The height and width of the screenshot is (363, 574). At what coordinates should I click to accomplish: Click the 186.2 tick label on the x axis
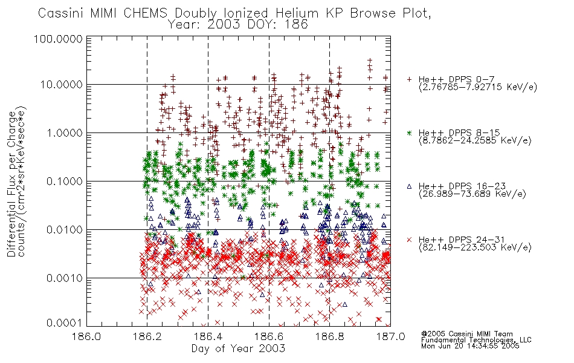(x=147, y=336)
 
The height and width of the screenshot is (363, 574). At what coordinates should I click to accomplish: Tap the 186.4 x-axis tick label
(x=208, y=336)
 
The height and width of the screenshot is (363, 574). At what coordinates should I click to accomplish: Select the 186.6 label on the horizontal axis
(x=269, y=336)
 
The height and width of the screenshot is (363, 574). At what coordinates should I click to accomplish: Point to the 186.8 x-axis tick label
(x=330, y=336)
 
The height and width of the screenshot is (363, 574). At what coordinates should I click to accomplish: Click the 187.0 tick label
(x=390, y=336)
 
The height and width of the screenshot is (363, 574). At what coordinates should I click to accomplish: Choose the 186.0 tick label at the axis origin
(x=87, y=336)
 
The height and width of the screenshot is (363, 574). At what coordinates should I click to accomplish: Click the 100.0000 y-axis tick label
(x=58, y=39)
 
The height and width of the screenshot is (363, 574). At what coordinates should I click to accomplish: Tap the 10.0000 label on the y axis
(x=62, y=85)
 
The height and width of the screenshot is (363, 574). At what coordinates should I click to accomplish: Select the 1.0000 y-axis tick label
(x=65, y=132)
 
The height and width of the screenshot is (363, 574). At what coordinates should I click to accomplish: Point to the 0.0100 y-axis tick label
(x=65, y=230)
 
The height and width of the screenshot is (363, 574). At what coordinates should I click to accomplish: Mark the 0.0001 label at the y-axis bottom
(x=65, y=323)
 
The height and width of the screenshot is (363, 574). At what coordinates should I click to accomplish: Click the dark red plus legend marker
(x=409, y=79)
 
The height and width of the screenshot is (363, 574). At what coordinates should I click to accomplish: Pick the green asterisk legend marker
(x=409, y=132)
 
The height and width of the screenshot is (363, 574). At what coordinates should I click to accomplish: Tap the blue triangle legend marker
(x=409, y=186)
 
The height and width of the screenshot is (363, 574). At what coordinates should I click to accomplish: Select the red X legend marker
(x=409, y=240)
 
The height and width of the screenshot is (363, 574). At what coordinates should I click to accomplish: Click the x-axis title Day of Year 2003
(x=238, y=348)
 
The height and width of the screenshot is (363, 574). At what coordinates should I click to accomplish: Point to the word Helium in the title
(x=297, y=13)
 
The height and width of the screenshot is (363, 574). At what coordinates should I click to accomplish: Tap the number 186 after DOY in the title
(x=297, y=25)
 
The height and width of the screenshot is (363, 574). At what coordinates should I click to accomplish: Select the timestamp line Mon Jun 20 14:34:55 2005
(x=470, y=346)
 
